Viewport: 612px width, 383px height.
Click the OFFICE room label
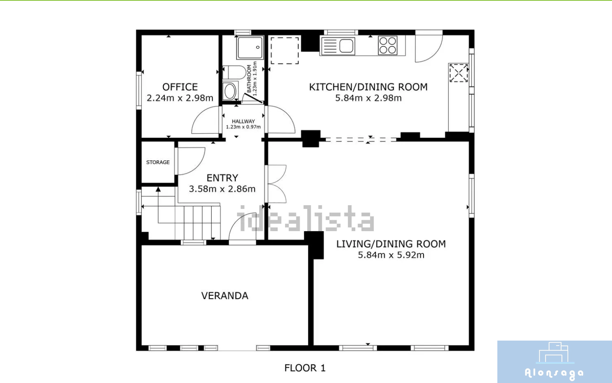180,87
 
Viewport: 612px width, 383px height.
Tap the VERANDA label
224,296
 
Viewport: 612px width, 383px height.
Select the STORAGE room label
158,162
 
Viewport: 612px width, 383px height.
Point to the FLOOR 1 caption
305,368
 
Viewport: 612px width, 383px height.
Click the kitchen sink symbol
338,46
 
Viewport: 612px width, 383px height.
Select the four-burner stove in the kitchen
388,45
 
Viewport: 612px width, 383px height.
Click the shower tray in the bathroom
250,48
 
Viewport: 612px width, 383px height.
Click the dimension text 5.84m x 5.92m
391,255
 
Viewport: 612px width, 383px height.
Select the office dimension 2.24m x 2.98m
180,98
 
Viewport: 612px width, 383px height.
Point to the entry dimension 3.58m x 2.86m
222,189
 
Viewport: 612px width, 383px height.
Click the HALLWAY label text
243,121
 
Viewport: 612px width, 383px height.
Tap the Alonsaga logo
555,362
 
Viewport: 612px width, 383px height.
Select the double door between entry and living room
276,184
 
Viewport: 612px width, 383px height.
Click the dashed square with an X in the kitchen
459,73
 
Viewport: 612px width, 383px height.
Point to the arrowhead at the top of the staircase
158,189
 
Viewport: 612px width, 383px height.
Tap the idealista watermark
306,219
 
